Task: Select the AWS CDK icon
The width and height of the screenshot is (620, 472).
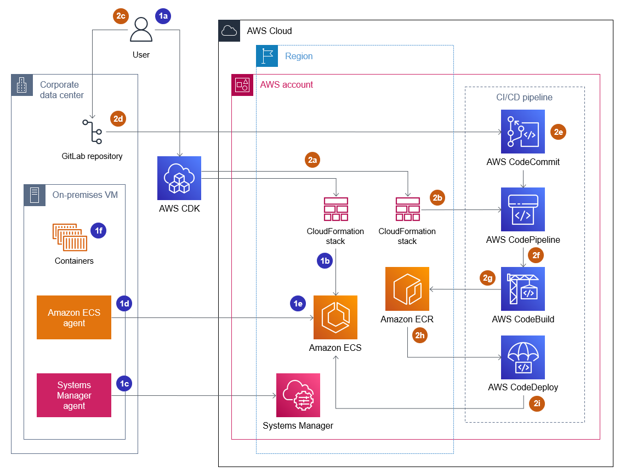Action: pyautogui.click(x=179, y=178)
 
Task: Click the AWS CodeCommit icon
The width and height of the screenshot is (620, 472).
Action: pyautogui.click(x=522, y=132)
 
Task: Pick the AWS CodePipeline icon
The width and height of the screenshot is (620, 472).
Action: pyautogui.click(x=522, y=209)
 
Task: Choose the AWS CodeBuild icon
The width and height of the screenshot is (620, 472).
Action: pyautogui.click(x=522, y=289)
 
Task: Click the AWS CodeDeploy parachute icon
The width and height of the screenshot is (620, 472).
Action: pyautogui.click(x=522, y=357)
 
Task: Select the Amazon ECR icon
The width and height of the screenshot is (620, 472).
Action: pyautogui.click(x=407, y=289)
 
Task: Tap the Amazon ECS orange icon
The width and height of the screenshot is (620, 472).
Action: pyautogui.click(x=335, y=317)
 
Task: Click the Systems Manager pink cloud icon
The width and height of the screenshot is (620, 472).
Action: pyautogui.click(x=298, y=395)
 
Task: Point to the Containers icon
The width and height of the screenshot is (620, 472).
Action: pyautogui.click(x=70, y=237)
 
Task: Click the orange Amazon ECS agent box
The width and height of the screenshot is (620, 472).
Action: pyautogui.click(x=74, y=317)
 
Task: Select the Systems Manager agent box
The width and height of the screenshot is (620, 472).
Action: pyautogui.click(x=74, y=395)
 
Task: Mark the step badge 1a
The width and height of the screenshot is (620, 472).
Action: pyautogui.click(x=163, y=16)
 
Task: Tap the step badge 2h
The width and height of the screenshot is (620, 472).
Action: pyautogui.click(x=420, y=335)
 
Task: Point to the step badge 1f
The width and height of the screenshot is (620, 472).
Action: pyautogui.click(x=98, y=231)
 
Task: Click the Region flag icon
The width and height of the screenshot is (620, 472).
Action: pyautogui.click(x=267, y=56)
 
